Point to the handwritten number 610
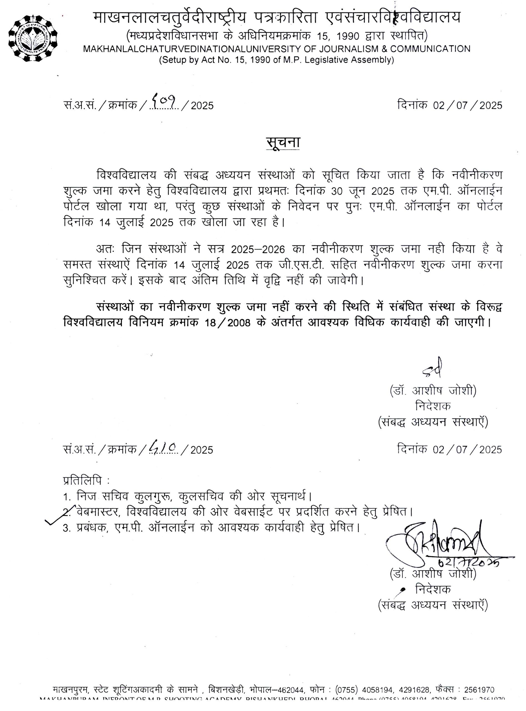pyautogui.click(x=163, y=446)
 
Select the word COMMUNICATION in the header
pyautogui.click(x=430, y=49)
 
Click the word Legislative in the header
pyautogui.click(x=324, y=60)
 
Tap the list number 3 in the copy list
pyautogui.click(x=66, y=529)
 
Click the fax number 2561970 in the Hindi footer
pyautogui.click(x=479, y=690)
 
